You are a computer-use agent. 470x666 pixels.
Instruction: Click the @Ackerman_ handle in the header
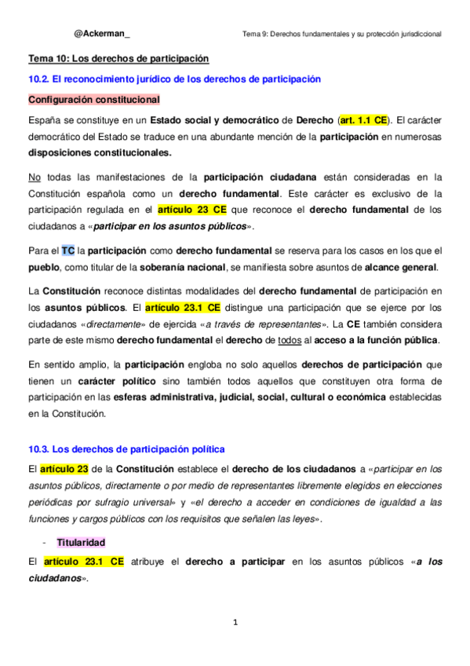[x=102, y=34]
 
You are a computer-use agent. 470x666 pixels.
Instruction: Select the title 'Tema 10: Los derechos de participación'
[x=118, y=58]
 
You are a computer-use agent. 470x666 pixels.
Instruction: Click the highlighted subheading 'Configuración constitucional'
[x=94, y=100]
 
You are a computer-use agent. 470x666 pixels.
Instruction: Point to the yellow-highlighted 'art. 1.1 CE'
[x=363, y=121]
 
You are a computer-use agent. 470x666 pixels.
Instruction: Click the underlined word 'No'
[x=34, y=177]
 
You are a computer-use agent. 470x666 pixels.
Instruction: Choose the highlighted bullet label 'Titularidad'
[x=81, y=542]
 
